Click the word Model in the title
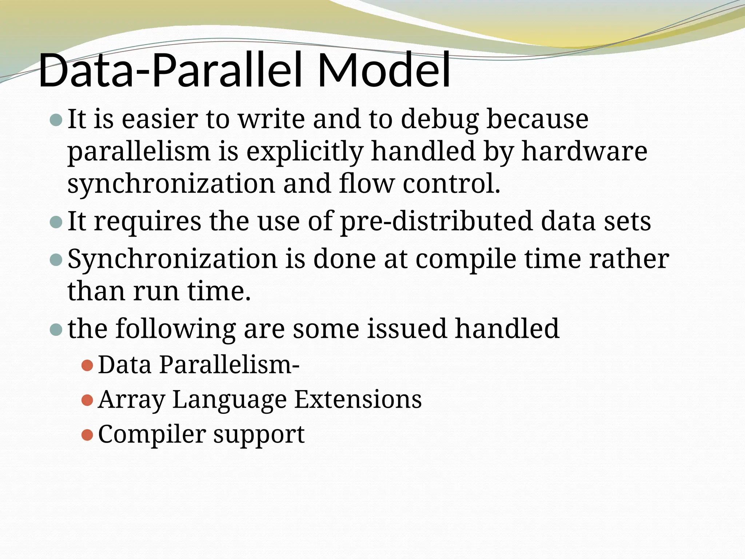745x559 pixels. pyautogui.click(x=384, y=70)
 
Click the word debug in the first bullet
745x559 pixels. pyautogui.click(x=439, y=119)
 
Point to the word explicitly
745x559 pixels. pyautogui.click(x=304, y=152)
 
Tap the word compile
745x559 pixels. pyautogui.click(x=466, y=260)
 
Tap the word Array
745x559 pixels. pyautogui.click(x=131, y=400)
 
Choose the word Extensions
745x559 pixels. pyautogui.click(x=358, y=399)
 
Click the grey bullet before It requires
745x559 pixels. pyautogui.click(x=56, y=222)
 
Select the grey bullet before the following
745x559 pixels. pyautogui.click(x=56, y=330)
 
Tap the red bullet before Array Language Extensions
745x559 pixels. pyautogui.click(x=87, y=400)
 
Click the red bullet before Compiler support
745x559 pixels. pyautogui.click(x=87, y=435)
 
